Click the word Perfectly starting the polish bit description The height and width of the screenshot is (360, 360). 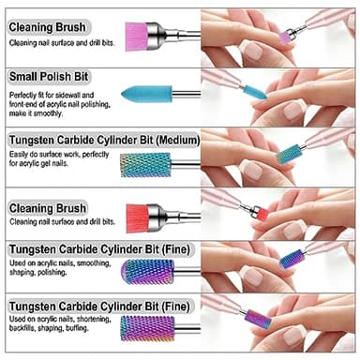pos(25,96)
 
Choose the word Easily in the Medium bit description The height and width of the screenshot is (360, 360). pos(21,156)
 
